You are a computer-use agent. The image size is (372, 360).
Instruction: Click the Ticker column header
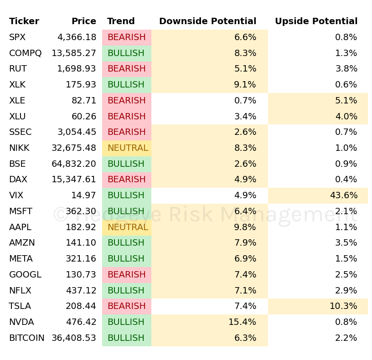tap(24, 21)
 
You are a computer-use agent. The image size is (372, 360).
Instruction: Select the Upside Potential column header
tap(316, 21)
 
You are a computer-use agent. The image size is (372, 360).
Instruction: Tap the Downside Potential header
tap(207, 21)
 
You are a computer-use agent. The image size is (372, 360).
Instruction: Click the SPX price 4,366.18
tap(77, 37)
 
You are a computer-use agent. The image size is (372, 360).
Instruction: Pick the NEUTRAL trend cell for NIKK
tap(127, 148)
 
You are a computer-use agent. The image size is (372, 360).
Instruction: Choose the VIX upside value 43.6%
tap(343, 195)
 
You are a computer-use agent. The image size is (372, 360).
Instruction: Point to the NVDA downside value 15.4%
tap(242, 322)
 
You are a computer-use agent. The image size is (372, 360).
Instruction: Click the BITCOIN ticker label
tap(27, 338)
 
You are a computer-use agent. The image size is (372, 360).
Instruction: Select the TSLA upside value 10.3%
tap(343, 306)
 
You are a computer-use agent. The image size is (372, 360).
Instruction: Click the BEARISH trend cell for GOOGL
tap(127, 275)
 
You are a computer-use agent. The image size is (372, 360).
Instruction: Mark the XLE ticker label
tap(17, 101)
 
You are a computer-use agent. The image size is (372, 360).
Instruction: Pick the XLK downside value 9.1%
tap(245, 85)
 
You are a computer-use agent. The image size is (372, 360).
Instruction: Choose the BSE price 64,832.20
tap(74, 164)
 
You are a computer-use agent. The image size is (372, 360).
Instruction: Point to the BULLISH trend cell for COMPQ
tap(126, 53)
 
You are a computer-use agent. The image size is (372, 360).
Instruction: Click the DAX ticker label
tap(18, 180)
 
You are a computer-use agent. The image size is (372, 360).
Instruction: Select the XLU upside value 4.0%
tap(346, 117)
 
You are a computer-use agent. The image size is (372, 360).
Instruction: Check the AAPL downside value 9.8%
tap(245, 227)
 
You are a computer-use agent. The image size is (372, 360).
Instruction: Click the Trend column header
tap(121, 21)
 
